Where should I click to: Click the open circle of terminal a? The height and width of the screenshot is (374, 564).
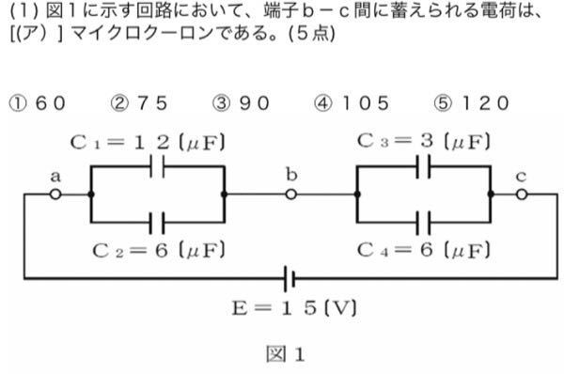tap(55, 195)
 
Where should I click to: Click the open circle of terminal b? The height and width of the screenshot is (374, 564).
tap(291, 195)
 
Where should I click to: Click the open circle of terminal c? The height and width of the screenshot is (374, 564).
tap(522, 195)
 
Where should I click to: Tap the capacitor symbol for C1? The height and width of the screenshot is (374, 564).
tap(157, 166)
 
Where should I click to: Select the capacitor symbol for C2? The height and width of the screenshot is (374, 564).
tap(157, 223)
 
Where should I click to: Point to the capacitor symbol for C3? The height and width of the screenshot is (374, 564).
tap(423, 166)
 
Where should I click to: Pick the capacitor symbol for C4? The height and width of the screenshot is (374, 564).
tap(423, 223)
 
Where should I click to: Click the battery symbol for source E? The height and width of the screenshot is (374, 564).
tap(290, 278)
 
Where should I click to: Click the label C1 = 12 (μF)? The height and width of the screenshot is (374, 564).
tap(148, 143)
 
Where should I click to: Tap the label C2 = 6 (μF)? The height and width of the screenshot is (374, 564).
tap(159, 250)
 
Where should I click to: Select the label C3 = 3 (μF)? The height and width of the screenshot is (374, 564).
tap(424, 141)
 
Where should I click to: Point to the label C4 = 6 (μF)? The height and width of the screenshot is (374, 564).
tap(424, 250)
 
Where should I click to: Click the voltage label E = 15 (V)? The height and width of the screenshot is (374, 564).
tap(294, 308)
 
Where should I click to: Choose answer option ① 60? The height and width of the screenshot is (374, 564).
tap(38, 103)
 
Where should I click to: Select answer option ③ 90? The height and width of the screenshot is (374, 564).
tap(241, 103)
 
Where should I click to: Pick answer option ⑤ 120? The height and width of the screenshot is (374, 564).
tap(472, 103)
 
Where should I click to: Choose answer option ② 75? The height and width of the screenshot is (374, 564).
tap(139, 103)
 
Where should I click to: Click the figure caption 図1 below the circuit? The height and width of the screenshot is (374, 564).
tap(285, 354)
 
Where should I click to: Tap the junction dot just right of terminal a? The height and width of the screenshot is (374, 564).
tap(91, 195)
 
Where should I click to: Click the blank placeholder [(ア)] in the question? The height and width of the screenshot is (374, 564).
tap(37, 33)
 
